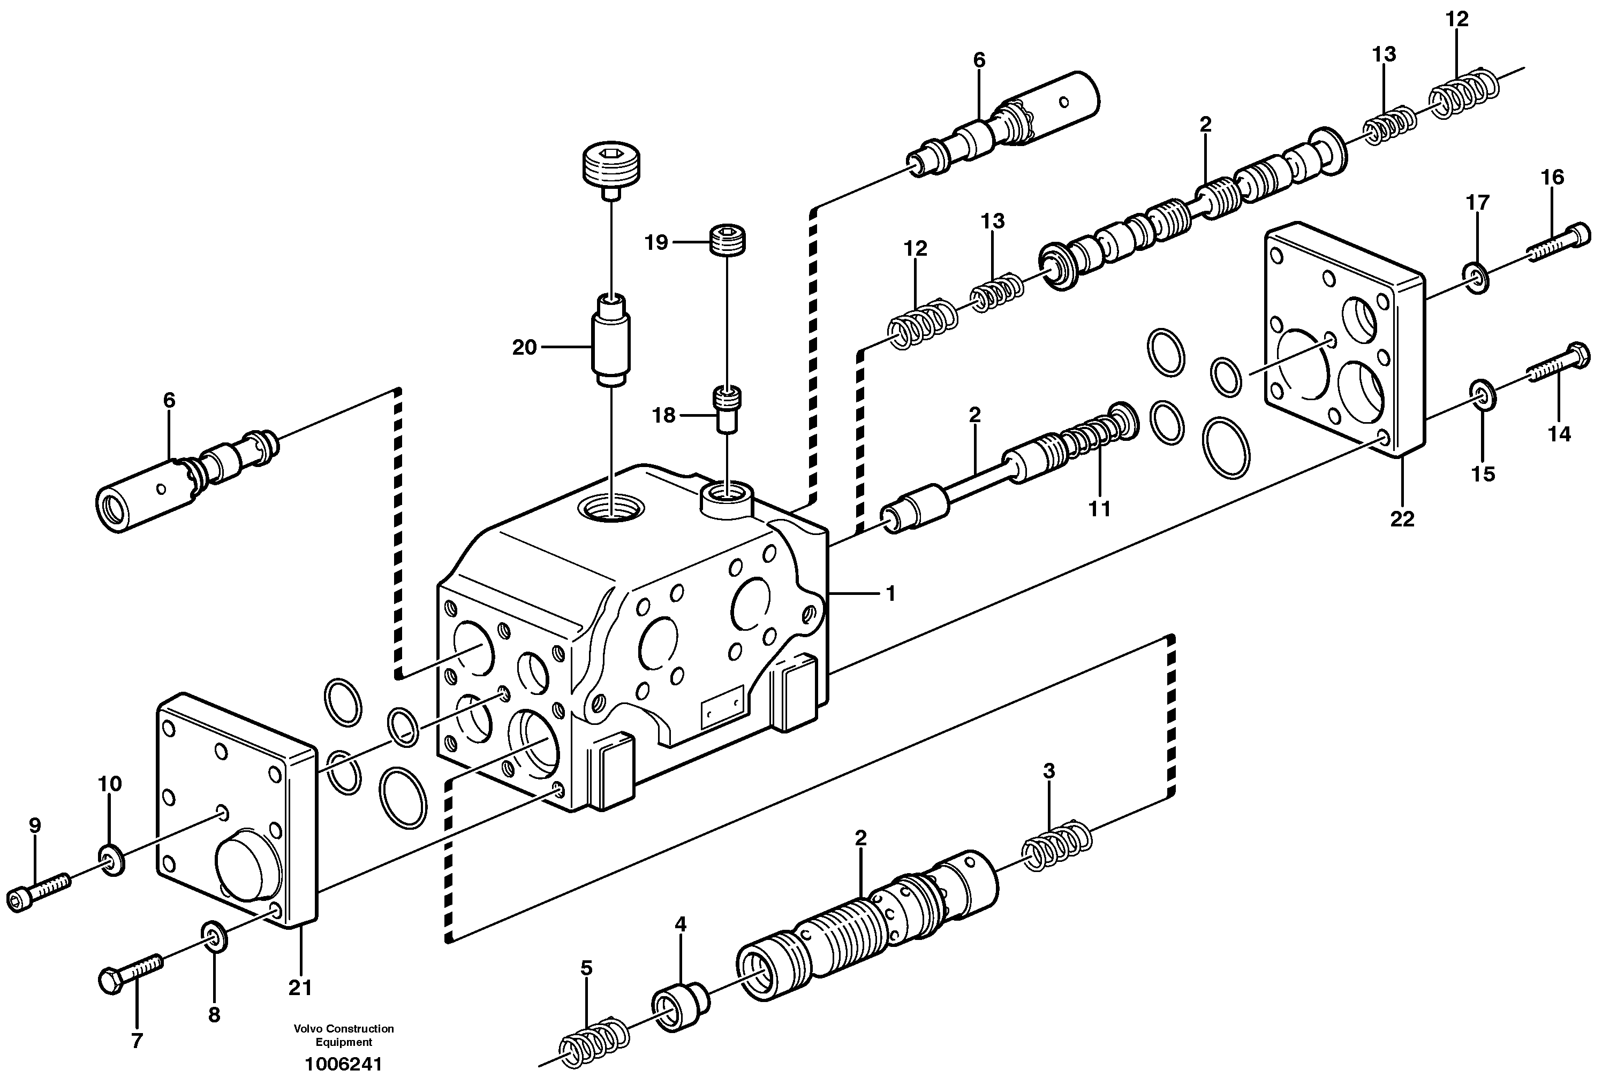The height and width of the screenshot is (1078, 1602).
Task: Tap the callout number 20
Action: [x=524, y=348]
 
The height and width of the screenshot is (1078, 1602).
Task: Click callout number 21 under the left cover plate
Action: [x=300, y=988]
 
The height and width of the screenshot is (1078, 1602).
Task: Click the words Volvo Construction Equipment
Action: [x=343, y=1034]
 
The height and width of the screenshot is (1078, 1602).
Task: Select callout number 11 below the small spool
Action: [x=1099, y=509]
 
